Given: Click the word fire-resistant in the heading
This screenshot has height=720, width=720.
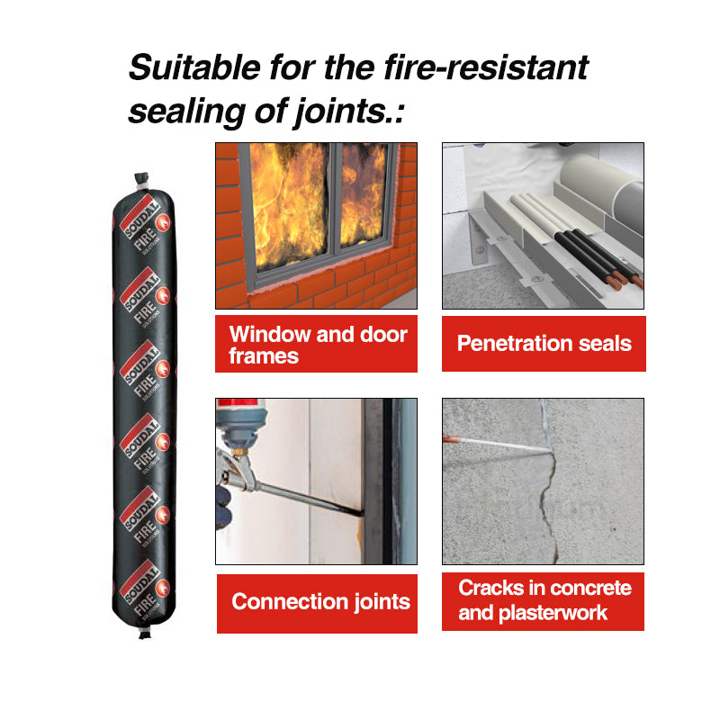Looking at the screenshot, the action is [x=486, y=67].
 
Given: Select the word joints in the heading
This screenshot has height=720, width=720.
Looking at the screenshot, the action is [x=340, y=112].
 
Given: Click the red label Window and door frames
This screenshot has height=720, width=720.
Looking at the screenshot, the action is [x=317, y=344].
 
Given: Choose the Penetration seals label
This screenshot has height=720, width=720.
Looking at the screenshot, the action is [x=544, y=344].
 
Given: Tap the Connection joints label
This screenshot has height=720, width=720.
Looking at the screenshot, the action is [x=317, y=603].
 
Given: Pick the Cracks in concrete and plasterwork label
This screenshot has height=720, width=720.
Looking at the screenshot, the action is [x=543, y=601].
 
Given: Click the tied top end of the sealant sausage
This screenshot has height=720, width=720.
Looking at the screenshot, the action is [x=142, y=181].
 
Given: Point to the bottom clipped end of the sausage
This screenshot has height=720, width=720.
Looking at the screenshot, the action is [x=145, y=634].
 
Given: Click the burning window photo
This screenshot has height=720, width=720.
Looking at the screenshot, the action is [x=317, y=226].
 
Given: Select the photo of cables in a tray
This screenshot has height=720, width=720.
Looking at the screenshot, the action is [x=543, y=226].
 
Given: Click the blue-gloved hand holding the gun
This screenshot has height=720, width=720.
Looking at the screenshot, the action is [x=223, y=507].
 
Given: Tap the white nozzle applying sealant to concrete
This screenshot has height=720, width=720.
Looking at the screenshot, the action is [x=498, y=444].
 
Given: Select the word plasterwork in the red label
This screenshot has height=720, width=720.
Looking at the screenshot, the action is [x=553, y=613].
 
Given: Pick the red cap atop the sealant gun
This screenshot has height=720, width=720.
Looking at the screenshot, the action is [x=239, y=402].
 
